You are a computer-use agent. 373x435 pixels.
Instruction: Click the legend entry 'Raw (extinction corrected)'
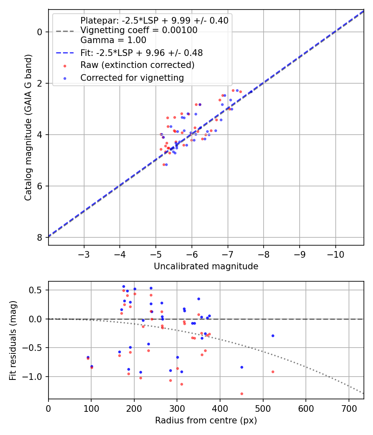click(137, 65)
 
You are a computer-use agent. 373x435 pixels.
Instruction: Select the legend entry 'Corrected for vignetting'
click(132, 77)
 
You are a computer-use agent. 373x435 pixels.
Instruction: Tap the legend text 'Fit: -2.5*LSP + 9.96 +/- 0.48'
click(141, 53)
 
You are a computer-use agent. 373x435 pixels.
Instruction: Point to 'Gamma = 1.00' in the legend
click(113, 40)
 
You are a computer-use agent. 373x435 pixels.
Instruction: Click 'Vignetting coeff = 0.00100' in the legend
click(139, 30)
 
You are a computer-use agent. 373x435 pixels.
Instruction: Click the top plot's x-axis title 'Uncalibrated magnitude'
click(206, 266)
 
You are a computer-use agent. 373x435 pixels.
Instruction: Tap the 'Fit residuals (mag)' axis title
click(13, 340)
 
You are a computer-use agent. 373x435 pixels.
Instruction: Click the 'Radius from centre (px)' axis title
click(206, 420)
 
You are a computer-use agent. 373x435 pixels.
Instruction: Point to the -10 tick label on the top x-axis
click(335, 254)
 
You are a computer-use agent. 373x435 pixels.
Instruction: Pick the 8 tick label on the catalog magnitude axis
click(39, 237)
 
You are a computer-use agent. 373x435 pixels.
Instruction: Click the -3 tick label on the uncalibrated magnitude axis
click(84, 254)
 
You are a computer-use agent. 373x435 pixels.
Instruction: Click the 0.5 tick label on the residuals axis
click(37, 290)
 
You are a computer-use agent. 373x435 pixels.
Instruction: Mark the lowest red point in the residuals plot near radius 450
click(242, 394)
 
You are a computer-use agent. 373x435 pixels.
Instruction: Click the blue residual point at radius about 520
click(273, 336)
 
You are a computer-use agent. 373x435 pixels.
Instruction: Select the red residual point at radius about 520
click(273, 372)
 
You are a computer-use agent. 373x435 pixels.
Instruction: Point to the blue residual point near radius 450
click(242, 367)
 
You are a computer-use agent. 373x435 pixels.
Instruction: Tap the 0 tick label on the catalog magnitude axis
click(39, 32)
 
